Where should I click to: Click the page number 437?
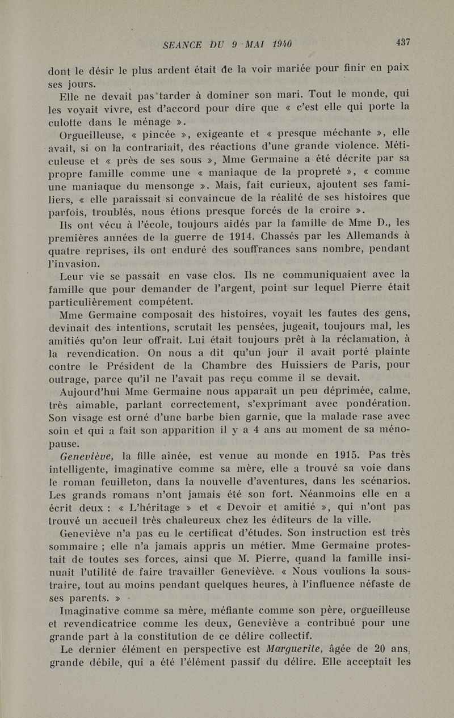(x=403, y=42)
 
